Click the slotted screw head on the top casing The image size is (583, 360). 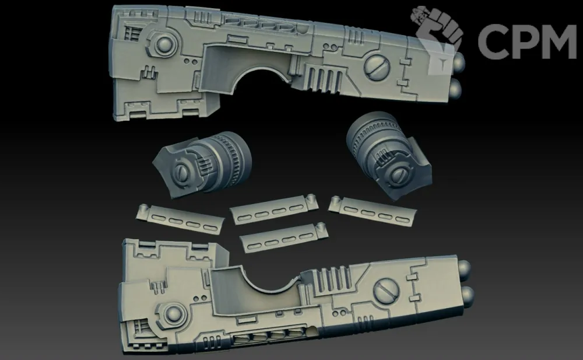pos(377,67)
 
